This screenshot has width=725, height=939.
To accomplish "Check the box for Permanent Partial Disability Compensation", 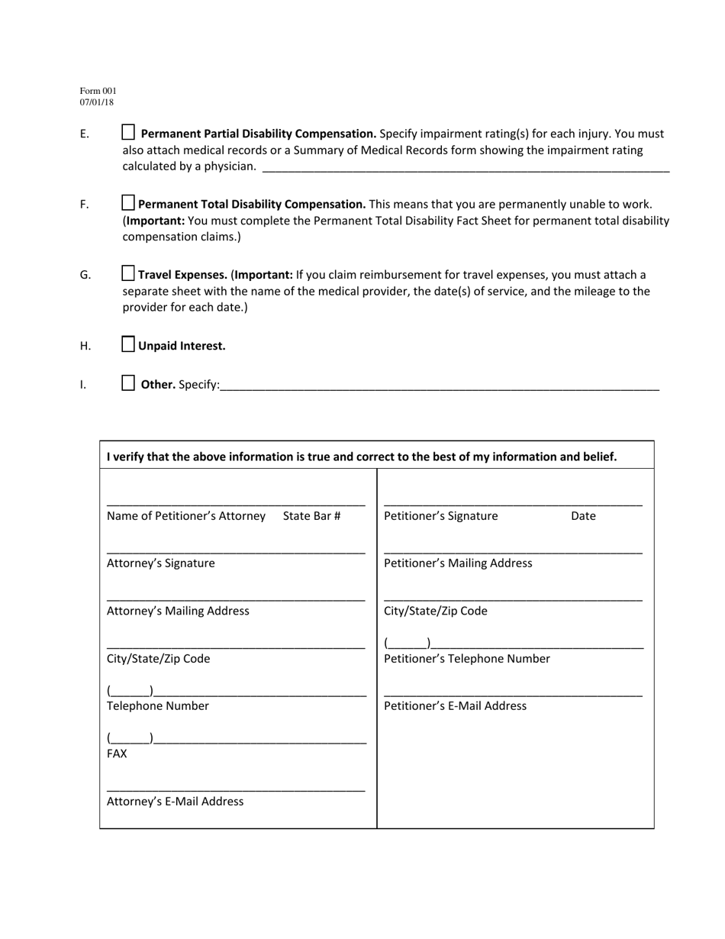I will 129,132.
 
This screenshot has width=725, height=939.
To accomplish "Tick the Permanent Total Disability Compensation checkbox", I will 129,203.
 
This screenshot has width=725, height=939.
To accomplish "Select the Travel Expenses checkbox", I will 129,273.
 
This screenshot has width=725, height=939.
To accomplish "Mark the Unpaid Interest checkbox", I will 129,344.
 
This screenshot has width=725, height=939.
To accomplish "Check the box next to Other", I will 129,383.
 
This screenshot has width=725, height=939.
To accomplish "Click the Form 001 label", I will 98,91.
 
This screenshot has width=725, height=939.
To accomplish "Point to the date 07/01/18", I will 97,102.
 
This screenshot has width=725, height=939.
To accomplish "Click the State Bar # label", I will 311,516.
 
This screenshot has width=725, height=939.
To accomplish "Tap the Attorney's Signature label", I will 161,563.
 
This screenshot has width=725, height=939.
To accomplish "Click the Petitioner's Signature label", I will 440,516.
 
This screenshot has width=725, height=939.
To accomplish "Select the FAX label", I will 117,753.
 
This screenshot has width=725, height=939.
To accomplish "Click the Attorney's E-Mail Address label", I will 176,802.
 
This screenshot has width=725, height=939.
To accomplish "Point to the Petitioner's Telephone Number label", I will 467,659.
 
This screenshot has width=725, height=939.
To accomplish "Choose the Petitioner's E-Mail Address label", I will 455,706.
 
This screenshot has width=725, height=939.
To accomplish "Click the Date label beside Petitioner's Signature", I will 583,516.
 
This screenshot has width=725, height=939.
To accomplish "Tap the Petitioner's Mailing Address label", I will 458,563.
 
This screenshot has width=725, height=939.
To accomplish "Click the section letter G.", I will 85,275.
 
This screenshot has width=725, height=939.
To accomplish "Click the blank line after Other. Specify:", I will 439,386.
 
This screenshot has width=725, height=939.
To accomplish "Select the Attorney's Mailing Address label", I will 178,611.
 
